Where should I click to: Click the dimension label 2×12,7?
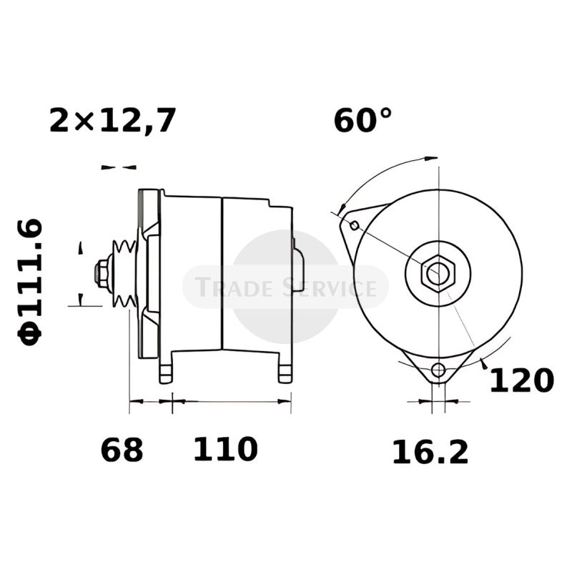point(113,119)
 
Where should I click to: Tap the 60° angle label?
point(363,119)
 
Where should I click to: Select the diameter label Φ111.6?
point(29,282)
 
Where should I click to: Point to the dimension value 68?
point(122,450)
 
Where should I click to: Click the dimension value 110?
point(225,449)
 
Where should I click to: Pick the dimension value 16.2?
point(430,453)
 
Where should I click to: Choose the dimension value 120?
point(522,380)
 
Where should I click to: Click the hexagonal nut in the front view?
point(438,274)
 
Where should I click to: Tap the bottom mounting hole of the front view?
point(438,370)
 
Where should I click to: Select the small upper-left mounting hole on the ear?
point(354,225)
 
